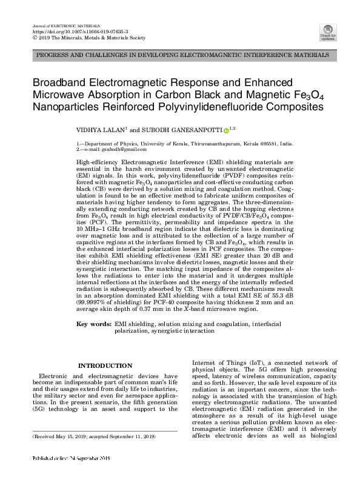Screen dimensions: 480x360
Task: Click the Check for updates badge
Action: point(327,32)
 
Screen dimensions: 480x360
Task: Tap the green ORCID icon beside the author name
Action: point(226,130)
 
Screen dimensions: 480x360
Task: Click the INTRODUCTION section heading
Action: point(105,365)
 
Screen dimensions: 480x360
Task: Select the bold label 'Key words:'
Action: point(94,325)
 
